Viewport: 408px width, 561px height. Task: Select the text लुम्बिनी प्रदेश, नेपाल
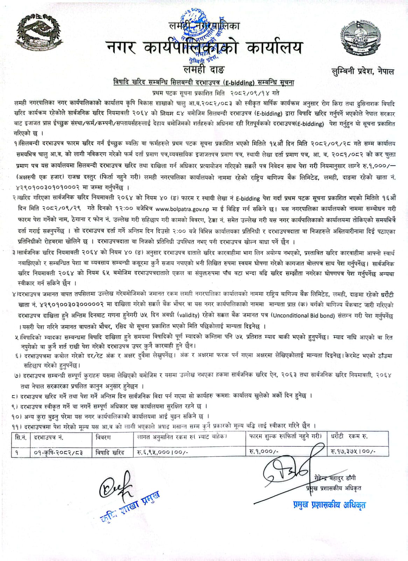[363, 72]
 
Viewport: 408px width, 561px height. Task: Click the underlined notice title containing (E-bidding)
[204, 83]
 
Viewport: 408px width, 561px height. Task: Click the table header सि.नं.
[21, 437]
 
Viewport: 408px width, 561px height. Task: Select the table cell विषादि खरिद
[110, 452]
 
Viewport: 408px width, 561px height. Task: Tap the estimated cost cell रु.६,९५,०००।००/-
[163, 452]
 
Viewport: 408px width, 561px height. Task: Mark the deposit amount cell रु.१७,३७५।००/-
[353, 452]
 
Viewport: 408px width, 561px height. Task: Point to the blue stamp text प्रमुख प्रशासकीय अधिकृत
[329, 505]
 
